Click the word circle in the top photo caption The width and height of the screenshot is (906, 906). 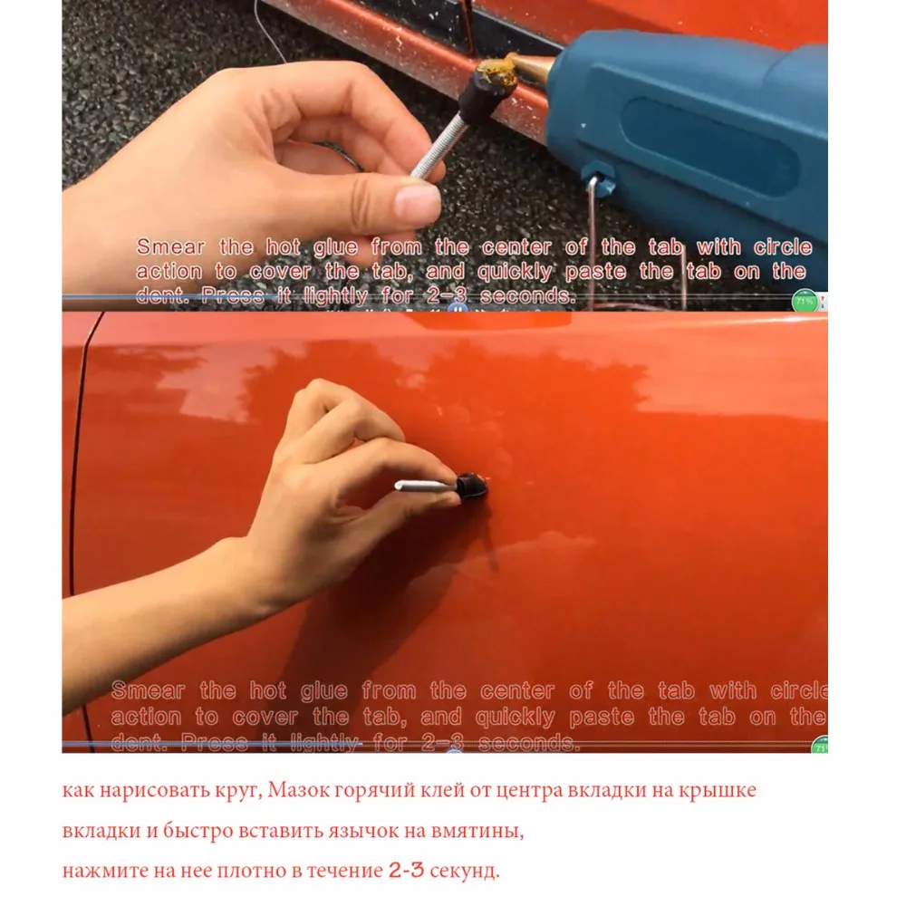[781, 247]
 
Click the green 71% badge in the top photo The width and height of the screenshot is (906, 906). [804, 300]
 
